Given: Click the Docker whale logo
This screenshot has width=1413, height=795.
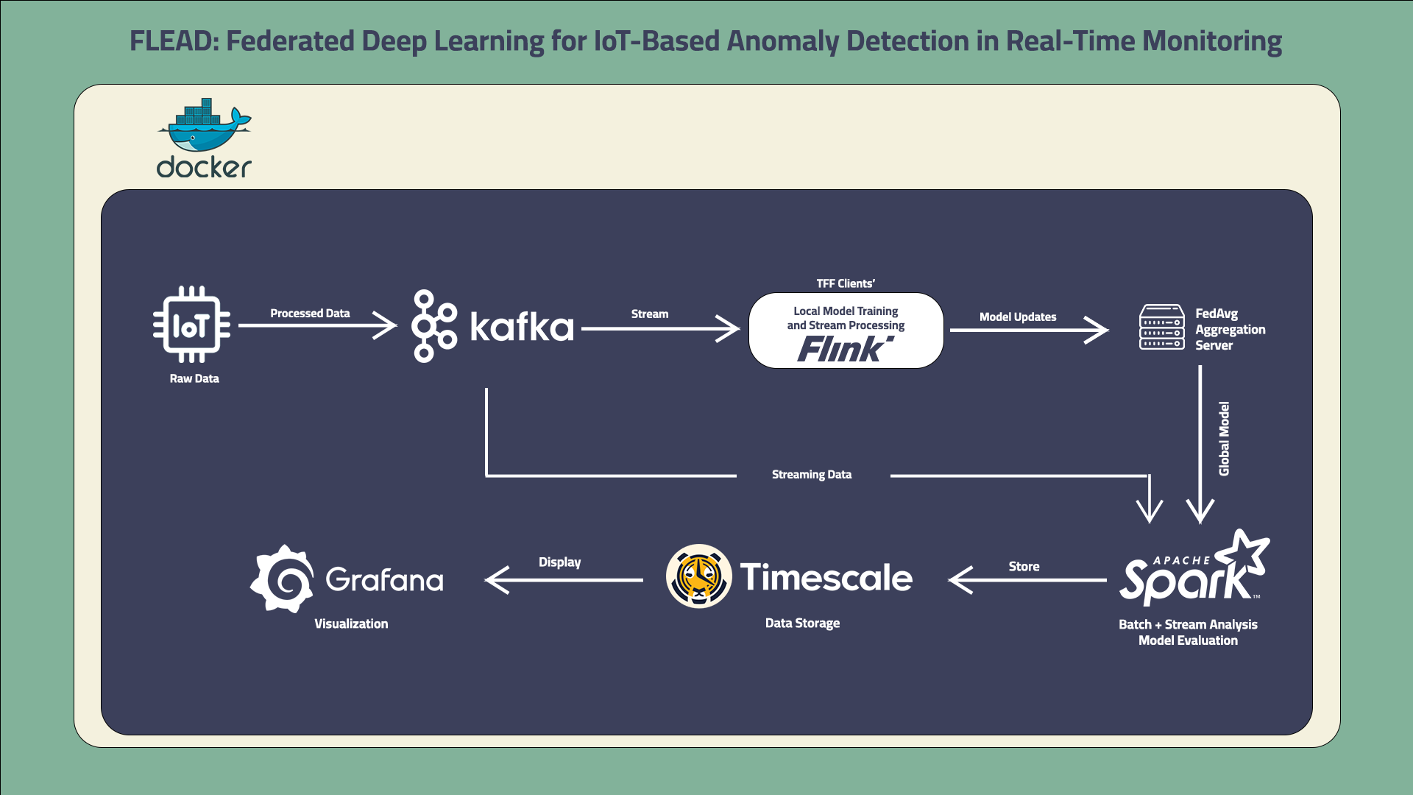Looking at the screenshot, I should tap(204, 125).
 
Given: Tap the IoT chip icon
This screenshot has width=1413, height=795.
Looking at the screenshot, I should tap(191, 325).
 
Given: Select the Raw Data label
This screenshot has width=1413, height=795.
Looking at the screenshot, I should tap(194, 378).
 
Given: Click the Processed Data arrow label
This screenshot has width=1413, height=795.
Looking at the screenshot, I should tap(310, 313).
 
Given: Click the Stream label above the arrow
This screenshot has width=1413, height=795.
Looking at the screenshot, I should tap(650, 314).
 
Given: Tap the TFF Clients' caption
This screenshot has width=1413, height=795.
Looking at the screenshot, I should tap(846, 283).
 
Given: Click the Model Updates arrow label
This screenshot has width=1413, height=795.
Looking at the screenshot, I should tap(1018, 317).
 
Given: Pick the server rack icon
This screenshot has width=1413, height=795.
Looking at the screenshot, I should tap(1161, 327).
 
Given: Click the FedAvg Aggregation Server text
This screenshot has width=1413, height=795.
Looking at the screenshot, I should tap(1230, 329).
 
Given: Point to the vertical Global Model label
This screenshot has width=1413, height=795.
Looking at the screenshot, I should tap(1224, 439).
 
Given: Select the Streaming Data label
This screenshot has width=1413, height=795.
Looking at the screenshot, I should tap(812, 475).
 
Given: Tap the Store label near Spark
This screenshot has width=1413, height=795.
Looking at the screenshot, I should tap(1024, 566).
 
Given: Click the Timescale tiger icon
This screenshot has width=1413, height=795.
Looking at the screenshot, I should tap(698, 576).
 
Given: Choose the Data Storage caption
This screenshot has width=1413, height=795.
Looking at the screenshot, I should tap(802, 623).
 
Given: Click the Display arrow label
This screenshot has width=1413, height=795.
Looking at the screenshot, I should tap(559, 562).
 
